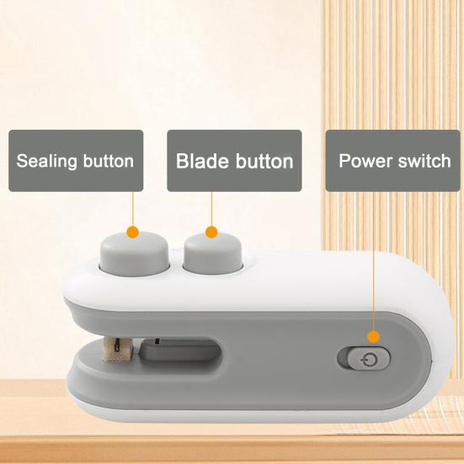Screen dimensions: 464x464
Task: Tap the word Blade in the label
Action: click(200, 160)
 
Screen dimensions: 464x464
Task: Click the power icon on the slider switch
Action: click(371, 359)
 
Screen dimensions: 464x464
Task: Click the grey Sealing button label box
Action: click(75, 160)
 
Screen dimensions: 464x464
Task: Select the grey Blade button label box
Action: click(234, 160)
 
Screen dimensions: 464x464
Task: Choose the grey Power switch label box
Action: click(394, 160)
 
